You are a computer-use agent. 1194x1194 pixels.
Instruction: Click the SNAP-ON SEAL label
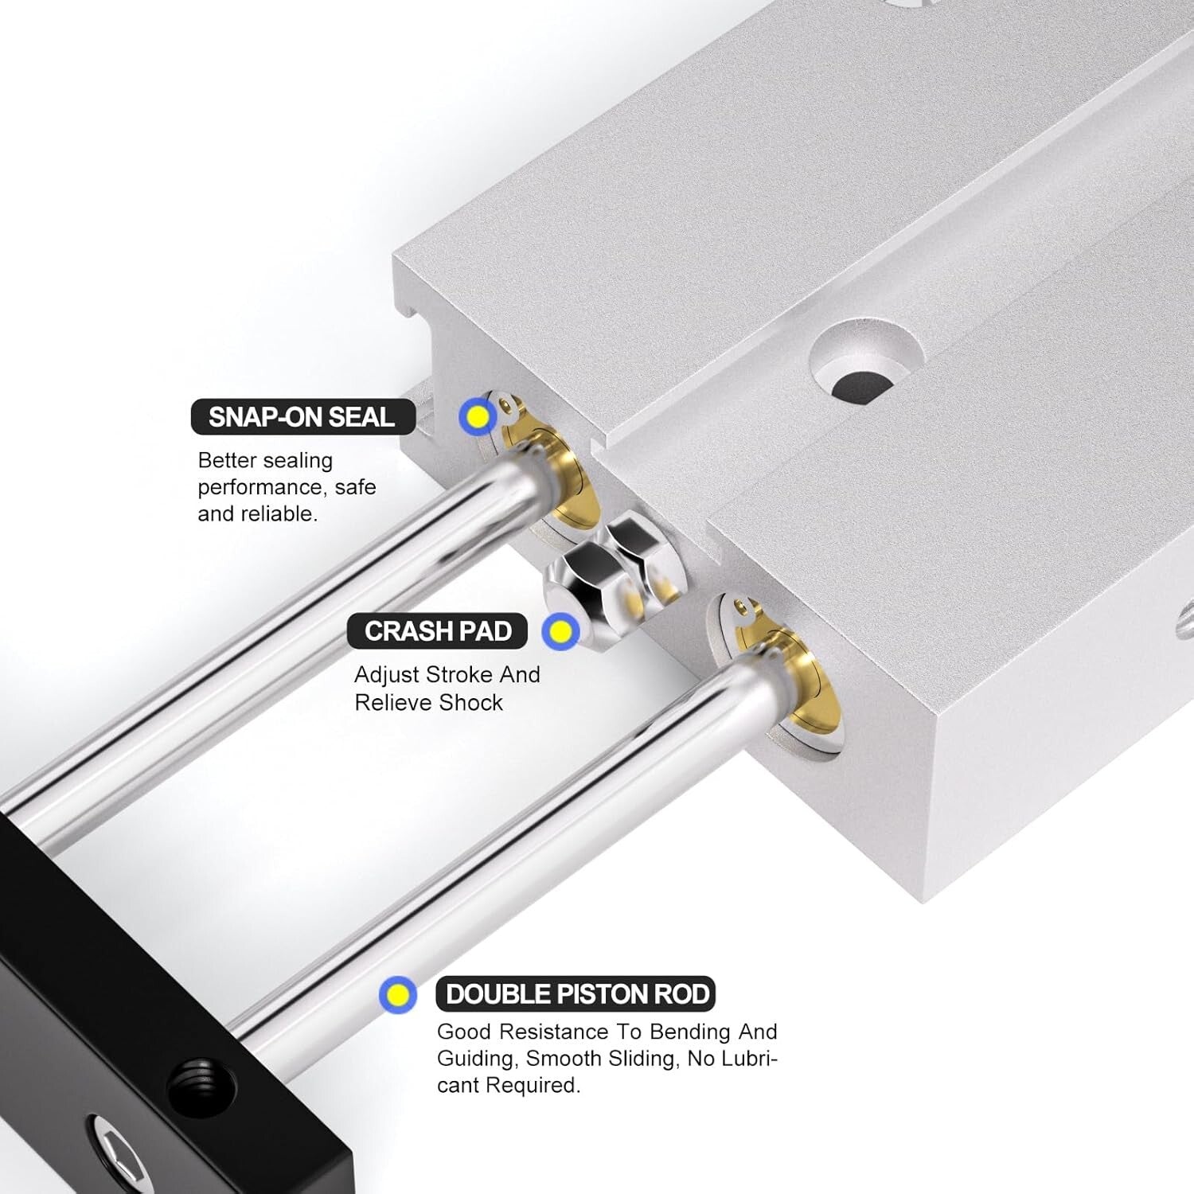pos(302,417)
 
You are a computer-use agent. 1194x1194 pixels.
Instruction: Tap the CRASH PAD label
pos(437,631)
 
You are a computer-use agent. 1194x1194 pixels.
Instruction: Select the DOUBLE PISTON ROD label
pos(576,994)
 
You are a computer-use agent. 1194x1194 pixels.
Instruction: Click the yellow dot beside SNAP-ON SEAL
pos(478,416)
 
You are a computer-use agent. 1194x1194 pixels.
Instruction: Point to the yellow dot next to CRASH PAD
pos(560,631)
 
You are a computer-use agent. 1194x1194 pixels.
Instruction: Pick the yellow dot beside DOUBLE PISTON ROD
pos(397,995)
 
